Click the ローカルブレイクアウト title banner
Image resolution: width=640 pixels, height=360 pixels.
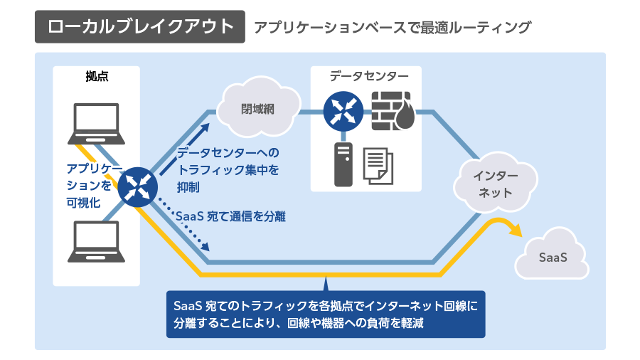(x=140, y=27)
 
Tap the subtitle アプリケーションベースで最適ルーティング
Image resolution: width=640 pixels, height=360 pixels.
(x=393, y=28)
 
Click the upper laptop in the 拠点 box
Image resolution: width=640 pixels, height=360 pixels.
(x=97, y=123)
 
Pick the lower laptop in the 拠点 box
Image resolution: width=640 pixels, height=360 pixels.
(x=97, y=241)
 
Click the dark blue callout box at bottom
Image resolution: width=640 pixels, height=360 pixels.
(x=325, y=314)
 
